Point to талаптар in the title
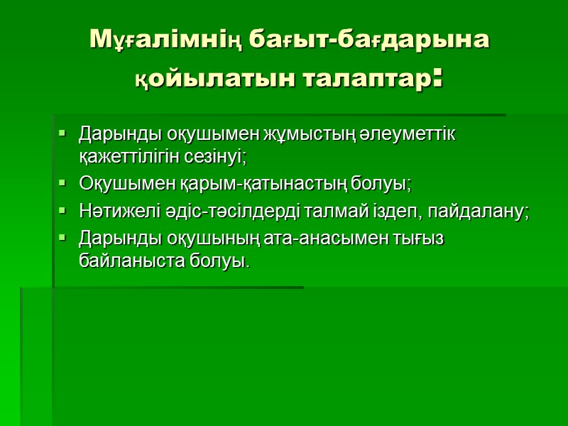point(365,77)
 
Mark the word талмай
point(319,212)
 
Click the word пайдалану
point(479,212)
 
